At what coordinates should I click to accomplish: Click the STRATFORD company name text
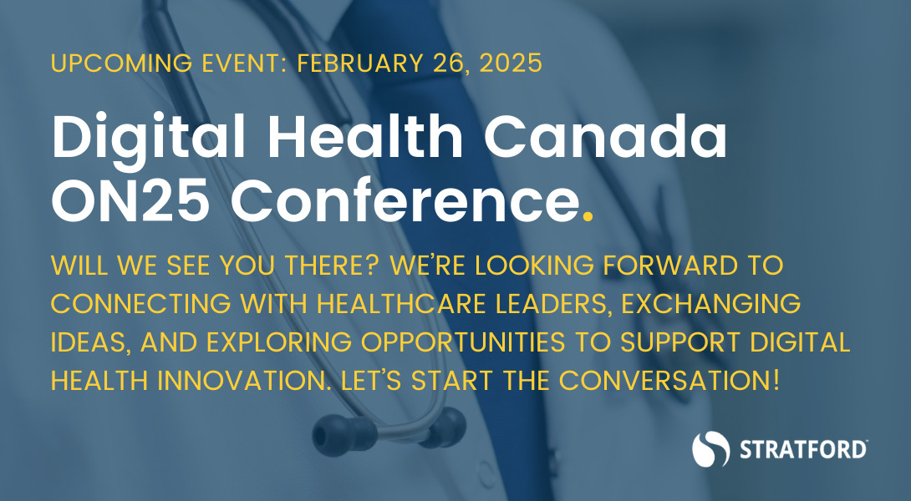[802, 450]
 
